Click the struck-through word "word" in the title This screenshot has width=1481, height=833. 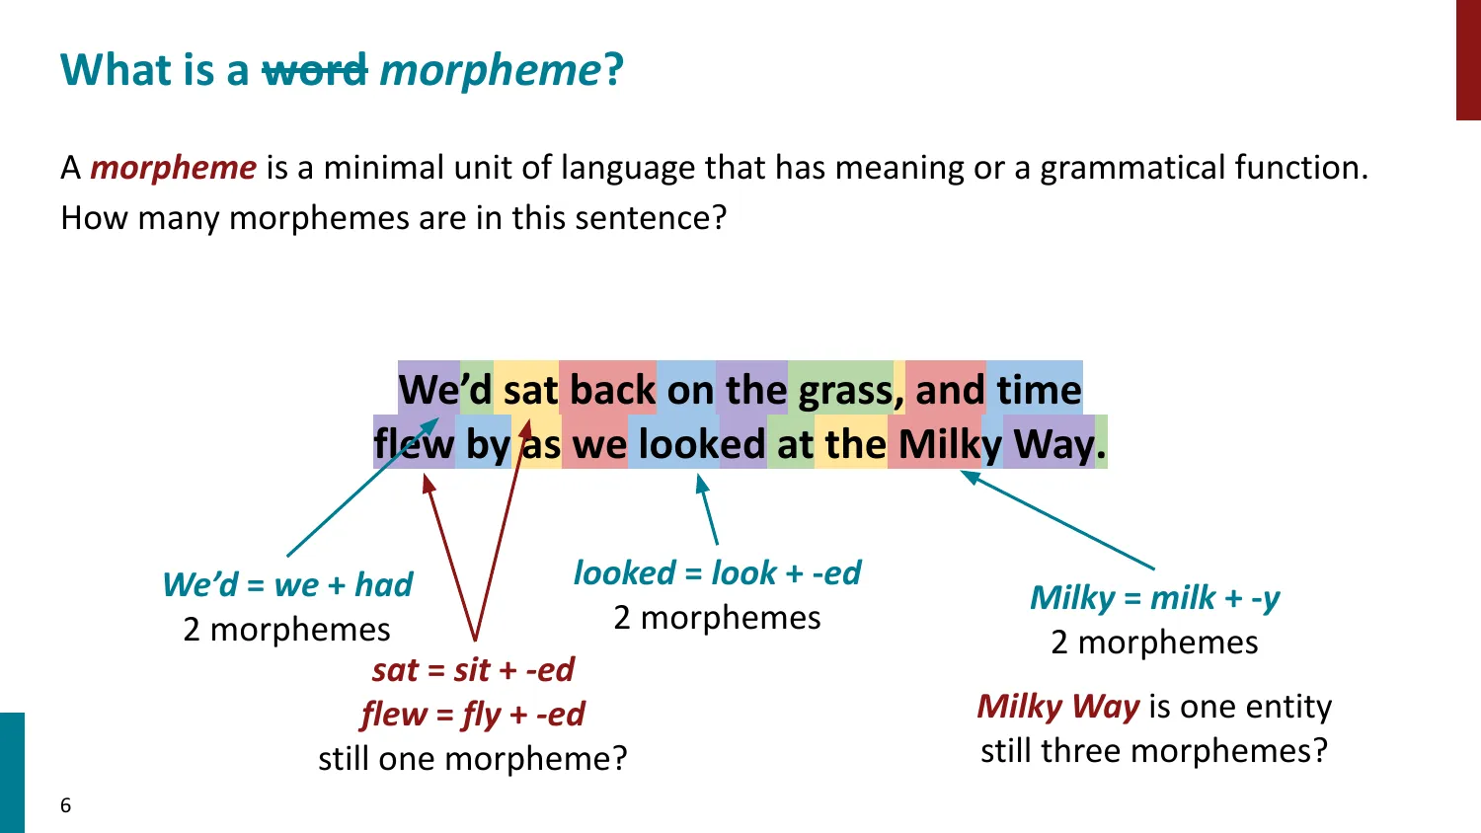(x=314, y=71)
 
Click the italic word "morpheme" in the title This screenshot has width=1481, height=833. (x=490, y=71)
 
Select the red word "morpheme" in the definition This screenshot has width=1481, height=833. (x=173, y=168)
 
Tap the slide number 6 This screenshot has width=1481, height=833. (x=66, y=805)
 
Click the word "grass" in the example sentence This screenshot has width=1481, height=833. (x=844, y=391)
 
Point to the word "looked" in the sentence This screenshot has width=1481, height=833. (x=701, y=444)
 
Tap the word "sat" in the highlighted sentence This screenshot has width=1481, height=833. (x=530, y=391)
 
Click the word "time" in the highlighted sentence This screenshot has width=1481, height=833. (x=1039, y=391)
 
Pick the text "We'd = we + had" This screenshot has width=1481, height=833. (x=287, y=584)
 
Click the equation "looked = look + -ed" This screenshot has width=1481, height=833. (x=717, y=572)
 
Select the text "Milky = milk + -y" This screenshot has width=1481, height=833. (x=1154, y=598)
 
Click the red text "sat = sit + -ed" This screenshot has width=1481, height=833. (x=473, y=670)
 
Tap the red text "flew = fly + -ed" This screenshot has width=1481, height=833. (x=473, y=714)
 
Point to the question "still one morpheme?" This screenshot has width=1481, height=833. (x=473, y=758)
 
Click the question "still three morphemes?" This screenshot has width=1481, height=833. (x=1154, y=750)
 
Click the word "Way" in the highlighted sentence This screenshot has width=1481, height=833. (x=1053, y=444)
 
